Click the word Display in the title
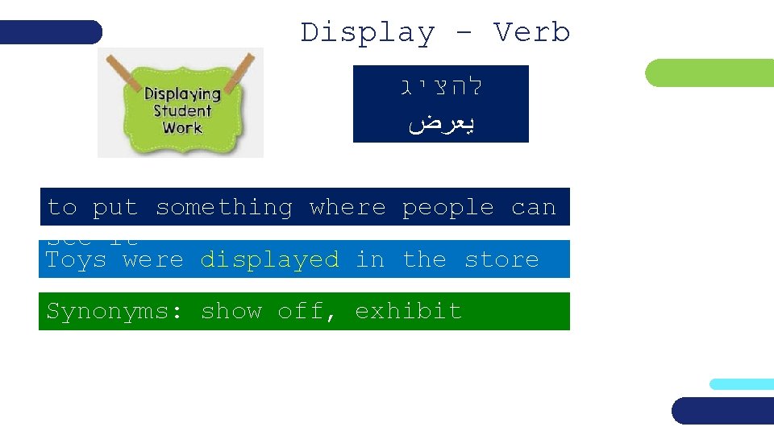tap(367, 33)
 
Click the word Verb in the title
tap(531, 33)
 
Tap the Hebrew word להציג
tap(441, 86)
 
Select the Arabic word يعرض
tap(441, 123)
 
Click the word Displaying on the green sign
tap(182, 94)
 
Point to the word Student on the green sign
tap(182, 111)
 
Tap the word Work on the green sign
tap(182, 128)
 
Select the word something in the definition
tap(223, 208)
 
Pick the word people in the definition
tap(447, 208)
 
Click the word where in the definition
tap(347, 208)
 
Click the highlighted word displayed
tap(269, 259)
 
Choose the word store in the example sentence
tap(501, 259)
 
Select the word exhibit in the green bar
tap(408, 311)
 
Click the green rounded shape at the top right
tap(709, 73)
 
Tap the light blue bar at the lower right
tap(741, 384)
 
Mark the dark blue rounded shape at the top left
tap(51, 32)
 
